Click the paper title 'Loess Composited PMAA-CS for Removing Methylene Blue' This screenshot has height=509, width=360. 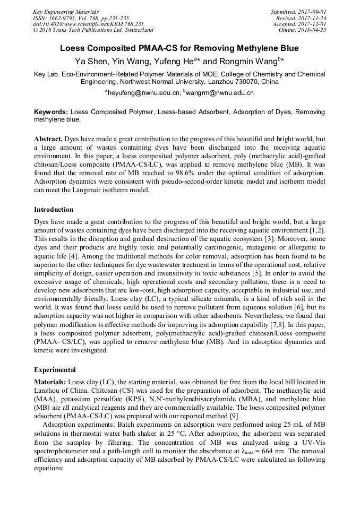click(179, 48)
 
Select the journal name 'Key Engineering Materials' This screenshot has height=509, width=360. click(66, 12)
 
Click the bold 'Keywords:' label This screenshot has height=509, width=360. click(51, 113)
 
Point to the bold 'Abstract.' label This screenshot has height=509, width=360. click(48, 139)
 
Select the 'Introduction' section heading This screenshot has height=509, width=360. click(54, 210)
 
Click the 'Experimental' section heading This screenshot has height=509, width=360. click(55, 369)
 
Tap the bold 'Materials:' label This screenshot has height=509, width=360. click(50, 382)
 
